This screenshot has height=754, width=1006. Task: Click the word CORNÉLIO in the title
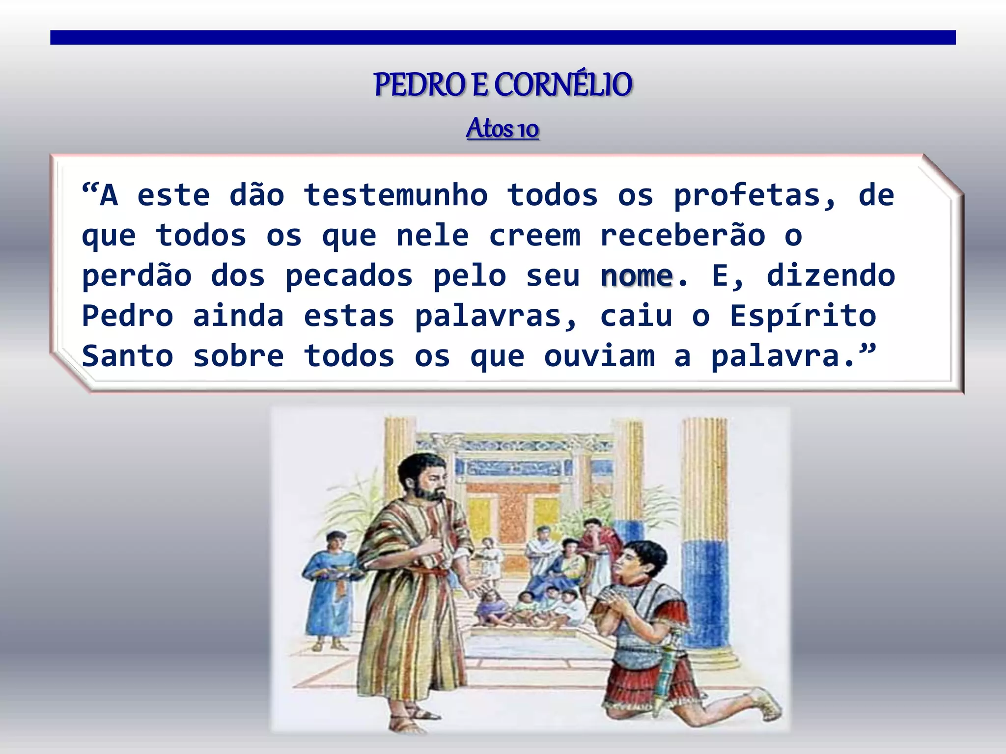click(563, 85)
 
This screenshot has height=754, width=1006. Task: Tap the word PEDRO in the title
click(419, 85)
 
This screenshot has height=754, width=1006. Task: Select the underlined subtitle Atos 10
click(503, 129)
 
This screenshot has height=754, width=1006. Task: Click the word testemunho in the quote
click(395, 195)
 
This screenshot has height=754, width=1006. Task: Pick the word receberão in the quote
click(682, 236)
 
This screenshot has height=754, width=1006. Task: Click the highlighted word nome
click(637, 276)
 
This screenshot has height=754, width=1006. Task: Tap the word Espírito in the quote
click(803, 316)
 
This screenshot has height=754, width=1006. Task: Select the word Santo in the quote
click(128, 356)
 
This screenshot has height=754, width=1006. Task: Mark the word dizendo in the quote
click(831, 276)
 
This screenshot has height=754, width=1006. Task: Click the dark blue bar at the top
click(503, 37)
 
